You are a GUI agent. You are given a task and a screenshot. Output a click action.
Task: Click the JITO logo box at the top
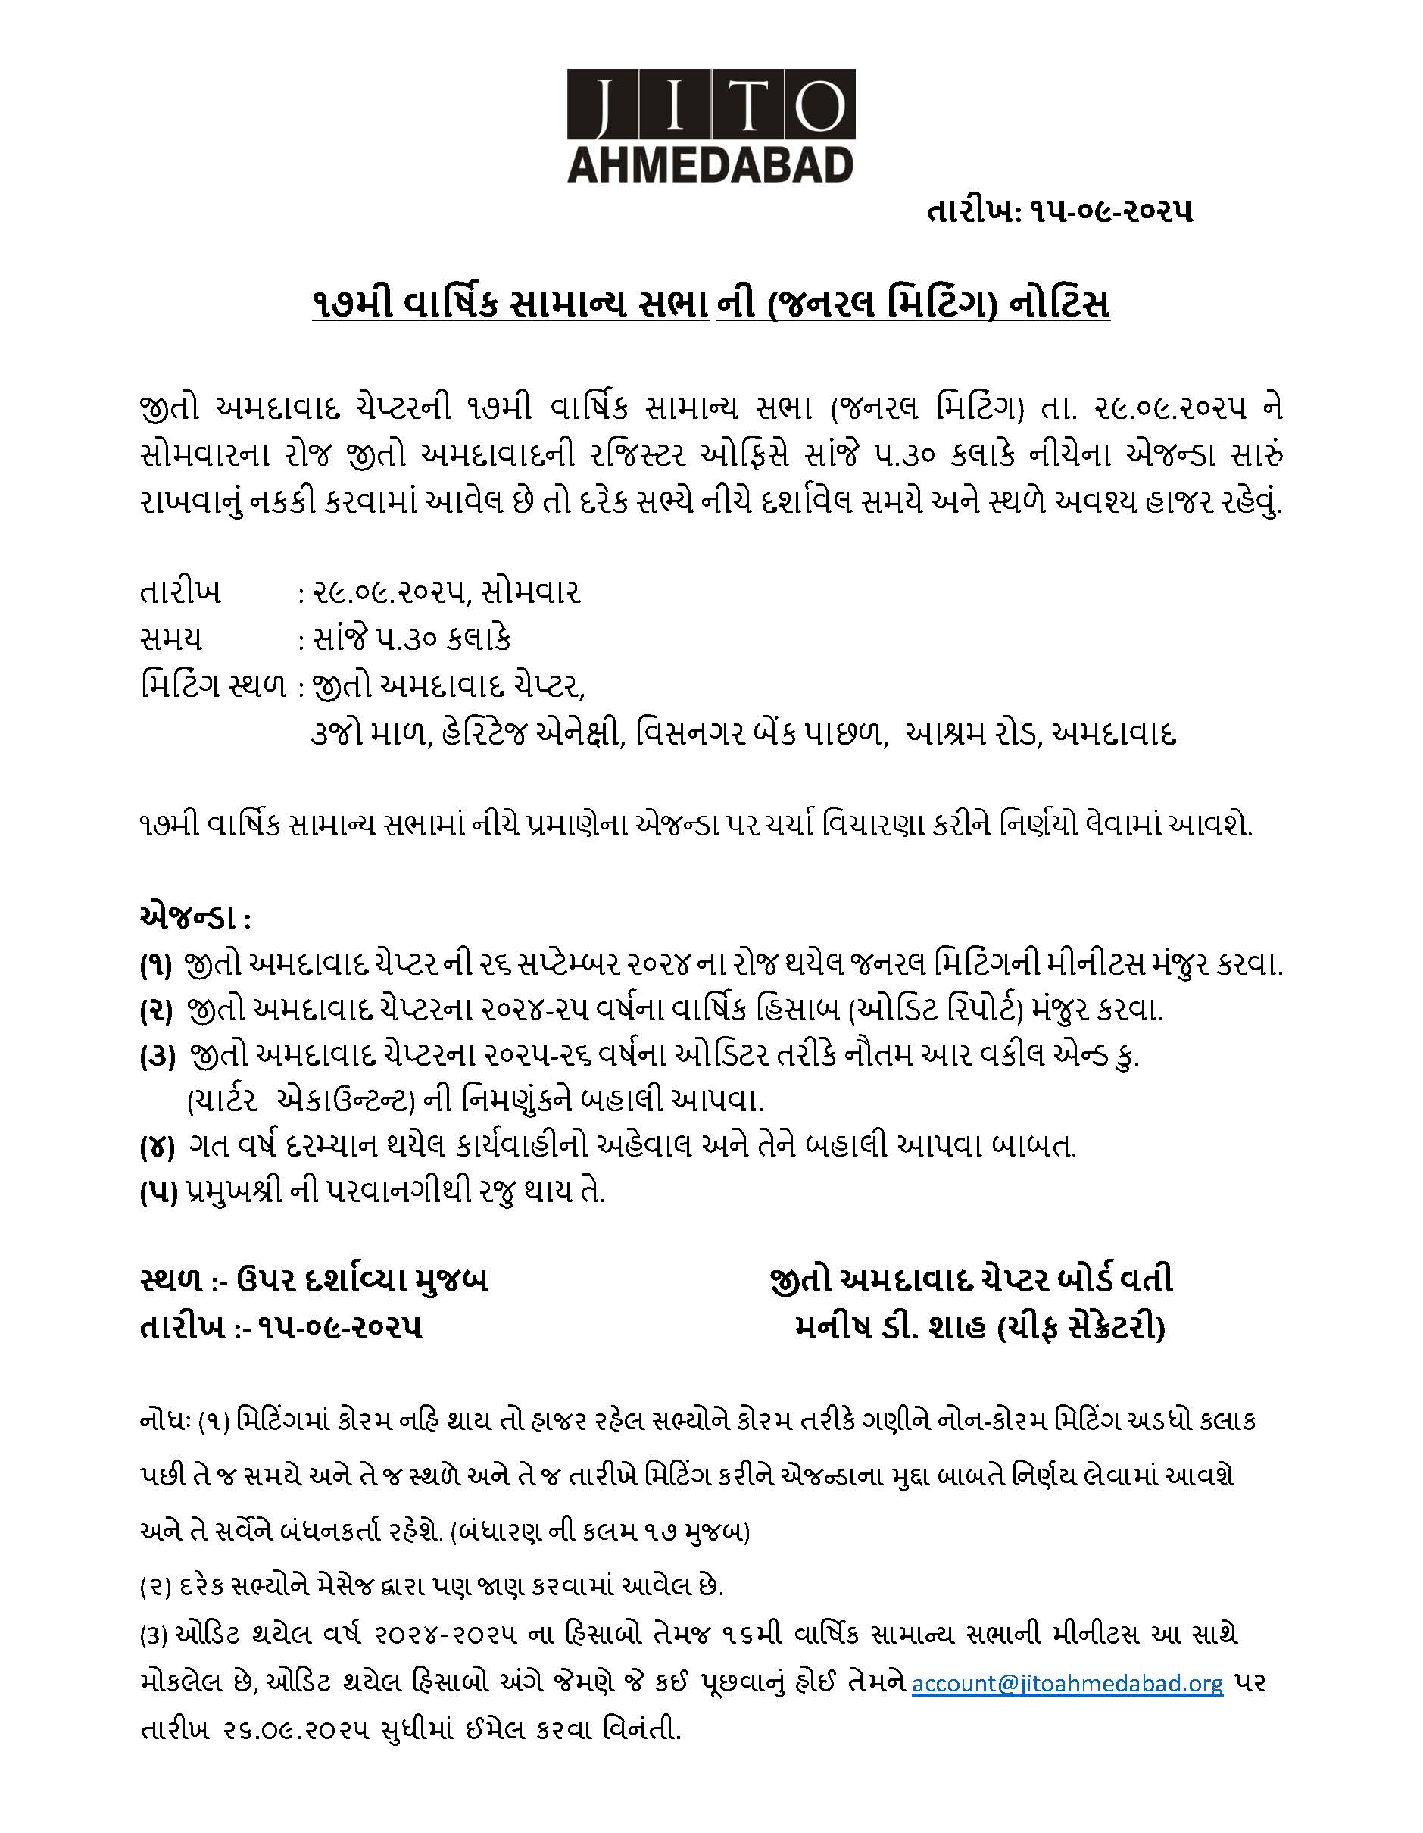tap(710, 104)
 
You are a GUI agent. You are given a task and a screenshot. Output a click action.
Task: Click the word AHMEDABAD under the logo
tap(710, 164)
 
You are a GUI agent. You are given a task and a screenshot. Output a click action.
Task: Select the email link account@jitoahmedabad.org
tap(1067, 1683)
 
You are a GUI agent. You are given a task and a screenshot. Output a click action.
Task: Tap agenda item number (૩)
tap(156, 1056)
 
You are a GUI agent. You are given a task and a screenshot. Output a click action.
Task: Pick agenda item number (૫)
tap(156, 1191)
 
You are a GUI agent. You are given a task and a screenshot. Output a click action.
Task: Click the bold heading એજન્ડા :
tap(194, 918)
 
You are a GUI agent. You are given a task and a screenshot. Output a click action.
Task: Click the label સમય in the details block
tap(171, 639)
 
